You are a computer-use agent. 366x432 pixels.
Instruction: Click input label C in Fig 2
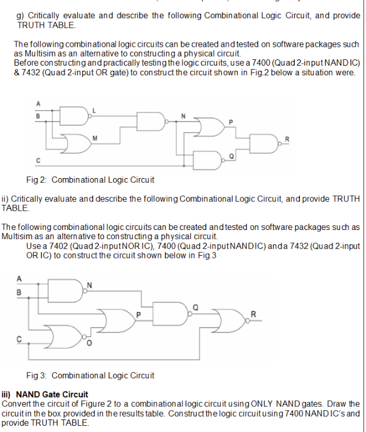[38, 160]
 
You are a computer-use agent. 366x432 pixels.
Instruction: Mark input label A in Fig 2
[38, 103]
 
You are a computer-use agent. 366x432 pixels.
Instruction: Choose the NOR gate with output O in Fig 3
[67, 337]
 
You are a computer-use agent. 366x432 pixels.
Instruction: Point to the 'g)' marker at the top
[19, 15]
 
